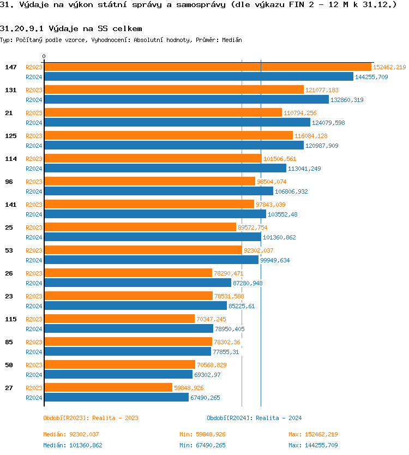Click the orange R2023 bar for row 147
[207, 67]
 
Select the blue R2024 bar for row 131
[186, 100]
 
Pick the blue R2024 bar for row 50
[118, 375]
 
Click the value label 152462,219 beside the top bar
[389, 67]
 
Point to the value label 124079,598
[328, 123]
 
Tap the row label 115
[10, 319]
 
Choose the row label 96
[9, 182]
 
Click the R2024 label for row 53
[34, 260]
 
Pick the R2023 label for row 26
[34, 273]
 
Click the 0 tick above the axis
[44, 56]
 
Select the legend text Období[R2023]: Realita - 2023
[91, 418]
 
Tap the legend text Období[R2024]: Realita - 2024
[254, 418]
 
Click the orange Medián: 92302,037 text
[71, 434]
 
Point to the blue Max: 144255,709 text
[313, 445]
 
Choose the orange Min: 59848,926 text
[202, 434]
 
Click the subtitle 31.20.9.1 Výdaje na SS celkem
[71, 28]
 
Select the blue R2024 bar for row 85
[127, 352]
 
